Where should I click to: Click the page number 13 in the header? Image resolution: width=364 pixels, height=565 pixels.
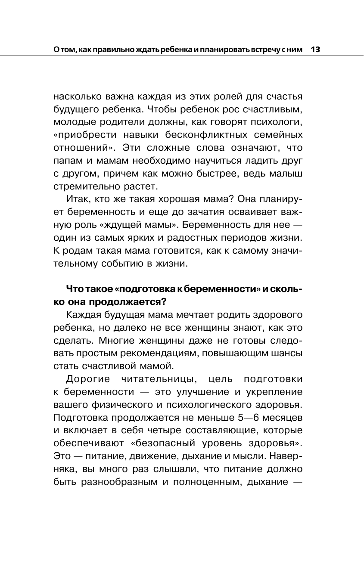pyautogui.click(x=315, y=50)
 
